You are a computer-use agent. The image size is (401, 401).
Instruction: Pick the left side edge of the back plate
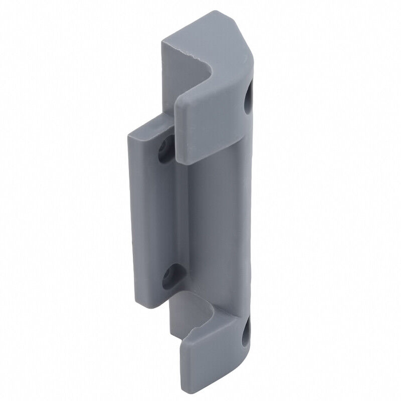(135, 211)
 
